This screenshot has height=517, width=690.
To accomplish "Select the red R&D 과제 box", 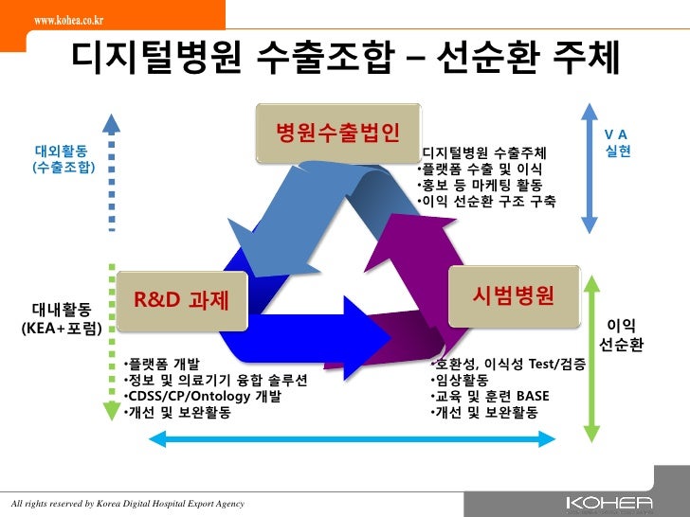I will [x=181, y=300].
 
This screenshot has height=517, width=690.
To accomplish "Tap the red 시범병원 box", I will [x=514, y=294].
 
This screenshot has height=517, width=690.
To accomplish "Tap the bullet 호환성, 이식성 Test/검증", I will [x=507, y=365].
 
